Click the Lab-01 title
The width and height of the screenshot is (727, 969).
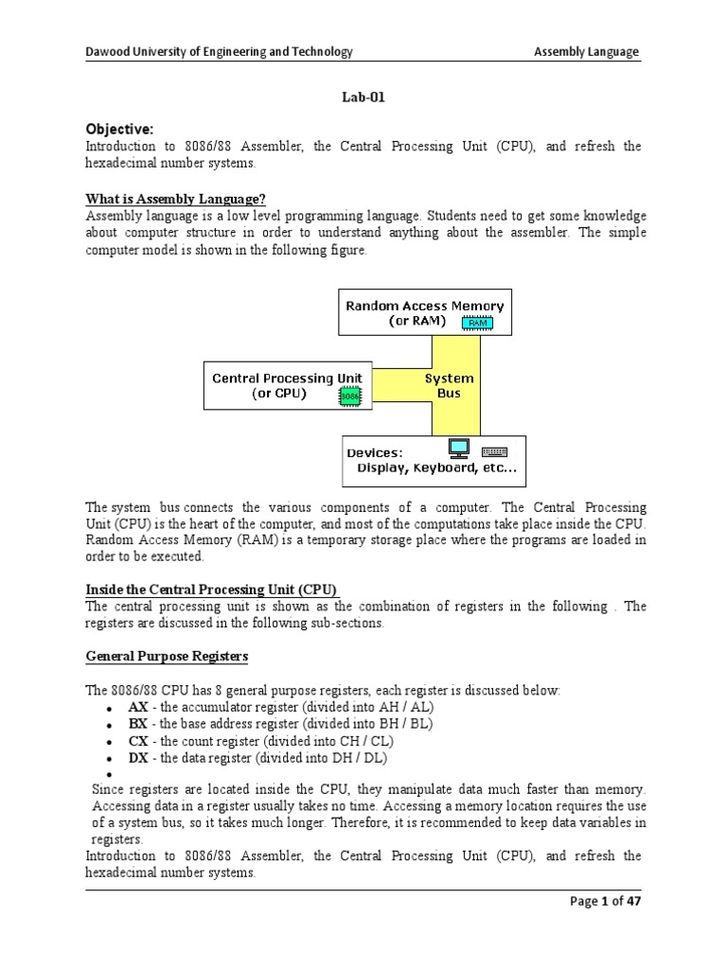click(363, 96)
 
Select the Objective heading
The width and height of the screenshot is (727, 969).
click(119, 129)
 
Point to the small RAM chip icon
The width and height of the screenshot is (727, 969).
click(477, 323)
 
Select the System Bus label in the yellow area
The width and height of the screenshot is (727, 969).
click(449, 385)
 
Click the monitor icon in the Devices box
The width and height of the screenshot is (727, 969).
click(459, 448)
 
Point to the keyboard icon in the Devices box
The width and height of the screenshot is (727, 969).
click(494, 449)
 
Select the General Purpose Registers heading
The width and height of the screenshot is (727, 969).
click(168, 655)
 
